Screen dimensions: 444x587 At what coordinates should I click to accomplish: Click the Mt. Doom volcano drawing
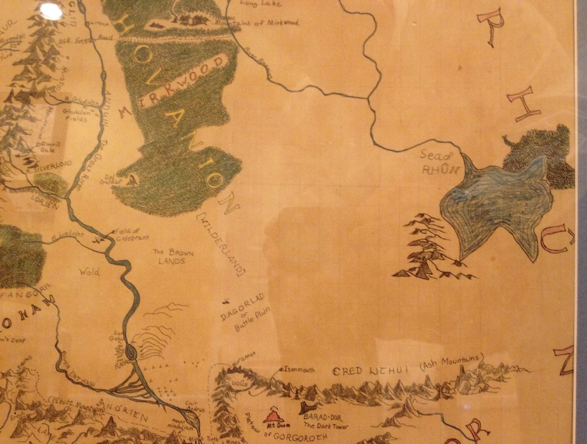[x=274, y=415]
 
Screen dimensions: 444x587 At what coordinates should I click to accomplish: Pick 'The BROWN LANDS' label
[x=173, y=256]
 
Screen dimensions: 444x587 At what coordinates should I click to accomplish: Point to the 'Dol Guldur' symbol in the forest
[x=131, y=181]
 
